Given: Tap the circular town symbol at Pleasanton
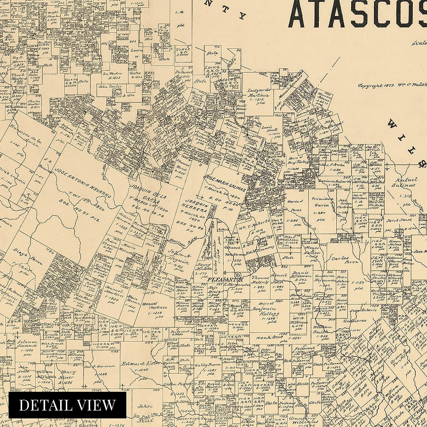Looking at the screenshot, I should tap(238, 275).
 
